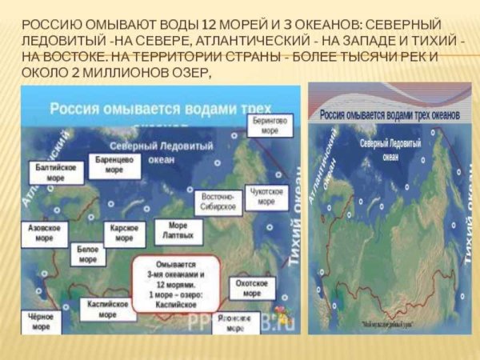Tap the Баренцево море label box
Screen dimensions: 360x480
pos(114,165)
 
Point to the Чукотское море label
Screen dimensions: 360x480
pos(267,197)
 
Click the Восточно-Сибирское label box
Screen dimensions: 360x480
pos(218,201)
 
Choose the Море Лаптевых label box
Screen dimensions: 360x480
pos(178,232)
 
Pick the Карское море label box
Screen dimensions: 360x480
pos(125,234)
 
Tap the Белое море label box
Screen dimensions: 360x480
pos(88,254)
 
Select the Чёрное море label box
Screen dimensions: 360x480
pos(41,321)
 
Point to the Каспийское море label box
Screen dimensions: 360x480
pos(107,310)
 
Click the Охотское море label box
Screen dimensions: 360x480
pos(252,288)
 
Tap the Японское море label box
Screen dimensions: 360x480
pos(235,322)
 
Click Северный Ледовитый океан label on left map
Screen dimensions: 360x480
pos(171,152)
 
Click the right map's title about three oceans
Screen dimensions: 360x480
pos(390,115)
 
